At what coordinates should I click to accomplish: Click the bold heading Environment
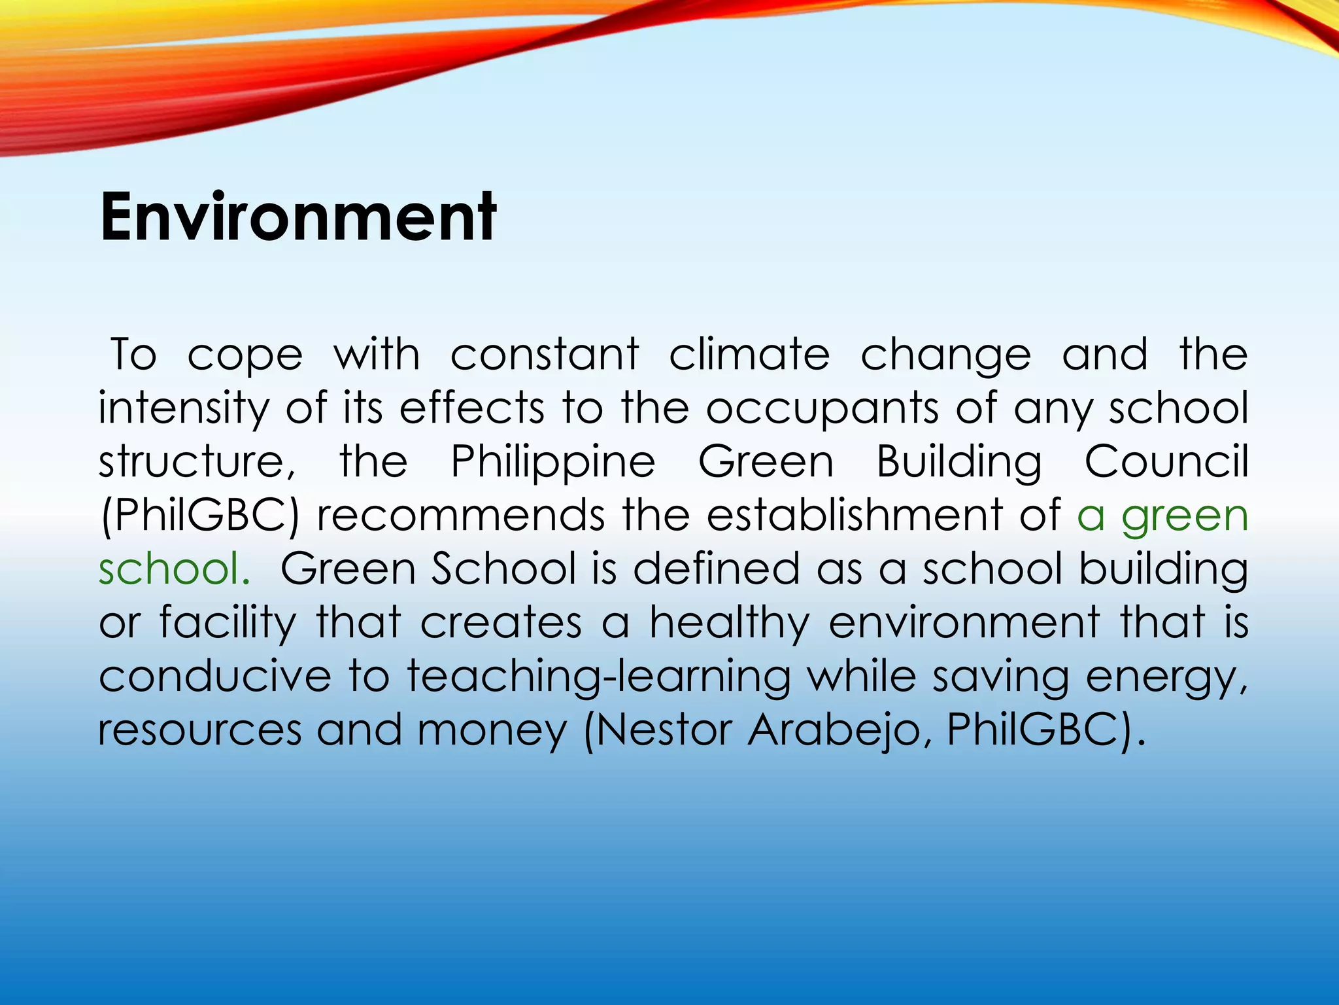point(298,217)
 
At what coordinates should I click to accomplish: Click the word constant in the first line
point(545,355)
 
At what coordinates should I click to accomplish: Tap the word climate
point(749,355)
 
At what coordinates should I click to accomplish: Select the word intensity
point(183,409)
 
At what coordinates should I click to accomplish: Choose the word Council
point(1166,461)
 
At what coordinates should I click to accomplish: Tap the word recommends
point(460,515)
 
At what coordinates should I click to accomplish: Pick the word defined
point(716,568)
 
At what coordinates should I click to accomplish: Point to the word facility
point(228,623)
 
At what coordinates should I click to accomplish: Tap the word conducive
point(215,676)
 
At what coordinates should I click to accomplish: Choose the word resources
point(199,730)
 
